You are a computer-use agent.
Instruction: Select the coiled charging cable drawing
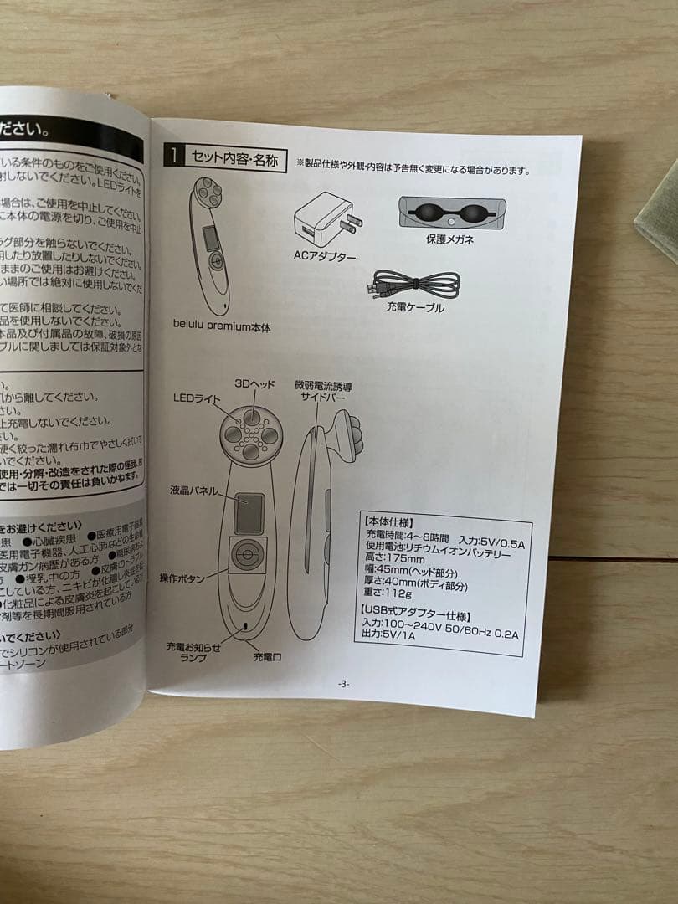click(415, 284)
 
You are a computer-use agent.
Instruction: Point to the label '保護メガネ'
click(449, 239)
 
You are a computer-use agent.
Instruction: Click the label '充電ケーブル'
click(415, 308)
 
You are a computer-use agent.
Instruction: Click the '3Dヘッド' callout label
click(255, 384)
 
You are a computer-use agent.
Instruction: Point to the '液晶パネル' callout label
click(193, 490)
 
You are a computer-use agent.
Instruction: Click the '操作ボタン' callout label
click(182, 578)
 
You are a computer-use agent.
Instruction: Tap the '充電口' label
click(267, 658)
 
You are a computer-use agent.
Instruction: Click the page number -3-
click(343, 684)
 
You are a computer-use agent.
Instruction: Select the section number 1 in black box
click(172, 155)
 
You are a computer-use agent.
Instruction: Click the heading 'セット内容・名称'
click(235, 158)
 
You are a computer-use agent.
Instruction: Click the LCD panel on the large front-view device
click(249, 513)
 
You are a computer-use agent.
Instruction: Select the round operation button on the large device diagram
click(246, 556)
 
